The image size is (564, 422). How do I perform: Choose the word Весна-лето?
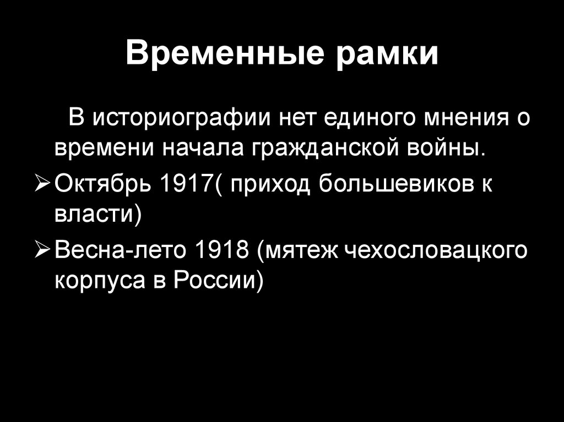[120, 253]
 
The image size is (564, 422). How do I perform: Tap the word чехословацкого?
[435, 253]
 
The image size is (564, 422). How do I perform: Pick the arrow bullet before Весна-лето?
[43, 253]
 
